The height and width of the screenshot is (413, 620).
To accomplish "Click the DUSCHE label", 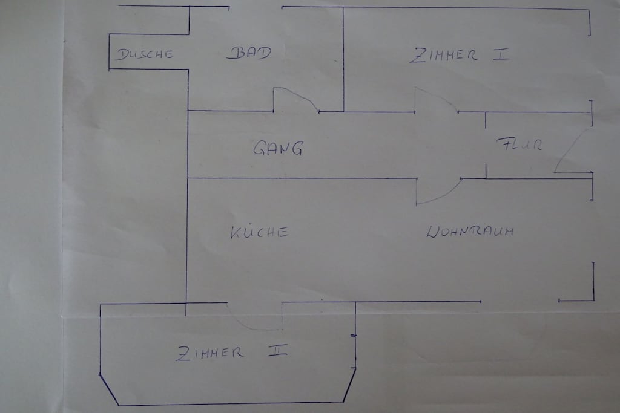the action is tap(144, 54).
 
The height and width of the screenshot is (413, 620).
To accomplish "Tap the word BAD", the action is tap(249, 53).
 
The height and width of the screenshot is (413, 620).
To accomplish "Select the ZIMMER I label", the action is tap(459, 55).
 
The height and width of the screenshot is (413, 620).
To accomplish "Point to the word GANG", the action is tap(279, 148).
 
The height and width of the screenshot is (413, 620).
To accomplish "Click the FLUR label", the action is tap(519, 144).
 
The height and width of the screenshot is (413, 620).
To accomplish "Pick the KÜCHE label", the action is tap(259, 232).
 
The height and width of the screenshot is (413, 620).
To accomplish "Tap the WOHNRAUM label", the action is tap(470, 231).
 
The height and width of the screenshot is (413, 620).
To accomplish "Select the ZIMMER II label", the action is tap(232, 352).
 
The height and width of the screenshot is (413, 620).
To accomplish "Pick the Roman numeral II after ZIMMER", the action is tap(278, 350).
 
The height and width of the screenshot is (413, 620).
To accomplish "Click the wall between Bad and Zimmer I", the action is tap(343, 59).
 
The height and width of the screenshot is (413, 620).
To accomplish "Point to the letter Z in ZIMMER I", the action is tap(417, 56).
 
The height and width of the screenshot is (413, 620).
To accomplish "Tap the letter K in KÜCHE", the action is tap(236, 233).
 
